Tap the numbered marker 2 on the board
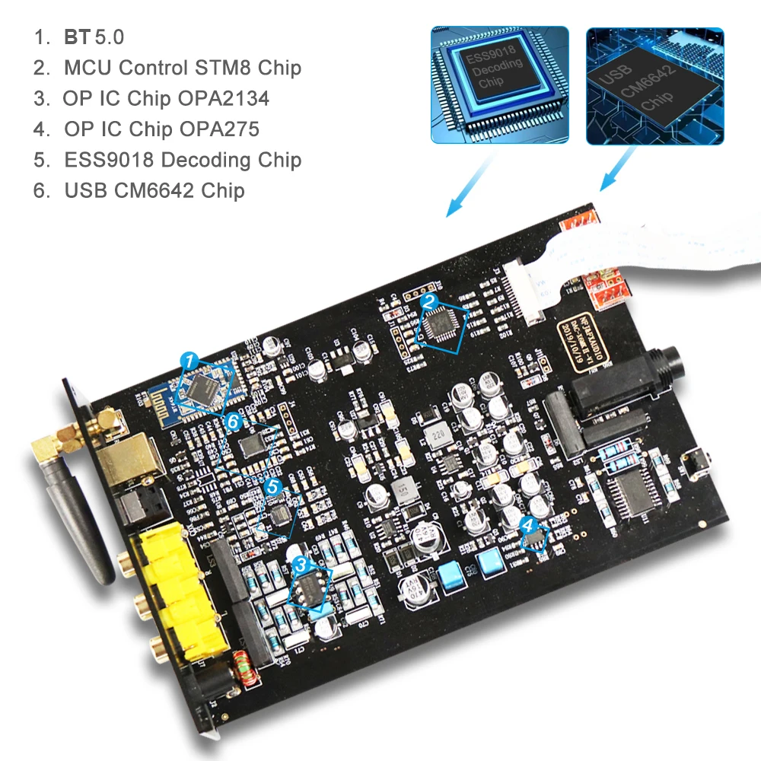pyautogui.click(x=429, y=302)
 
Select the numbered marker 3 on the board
pyautogui.click(x=301, y=564)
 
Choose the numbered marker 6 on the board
pyautogui.click(x=234, y=420)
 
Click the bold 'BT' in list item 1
pyautogui.click(x=77, y=37)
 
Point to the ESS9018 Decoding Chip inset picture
pyautogui.click(x=499, y=84)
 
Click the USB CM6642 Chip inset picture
pyautogui.click(x=654, y=86)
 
